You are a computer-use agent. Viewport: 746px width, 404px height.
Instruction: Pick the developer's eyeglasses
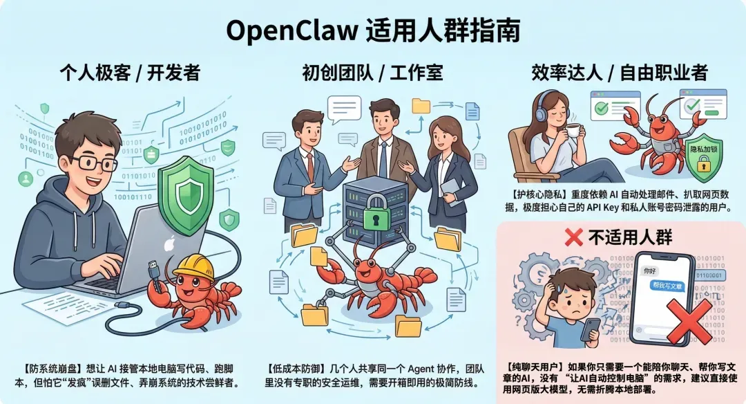click(88, 163)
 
